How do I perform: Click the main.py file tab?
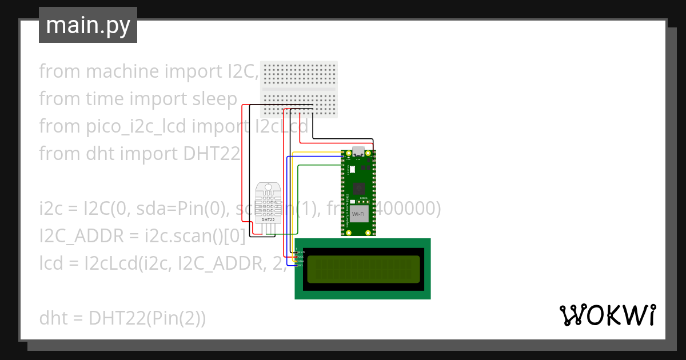87,25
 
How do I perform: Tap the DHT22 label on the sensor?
268,219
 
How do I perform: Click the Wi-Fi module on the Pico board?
358,213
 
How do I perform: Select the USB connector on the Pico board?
358,152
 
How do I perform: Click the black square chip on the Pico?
358,188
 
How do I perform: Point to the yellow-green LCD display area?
363,269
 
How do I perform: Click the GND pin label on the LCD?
301,252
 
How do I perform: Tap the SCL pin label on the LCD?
301,266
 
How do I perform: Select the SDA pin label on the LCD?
301,261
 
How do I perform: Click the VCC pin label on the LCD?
301,257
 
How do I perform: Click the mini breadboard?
299,89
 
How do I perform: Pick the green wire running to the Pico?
320,165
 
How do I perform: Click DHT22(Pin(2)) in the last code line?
147,318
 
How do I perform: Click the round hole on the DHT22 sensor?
268,187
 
